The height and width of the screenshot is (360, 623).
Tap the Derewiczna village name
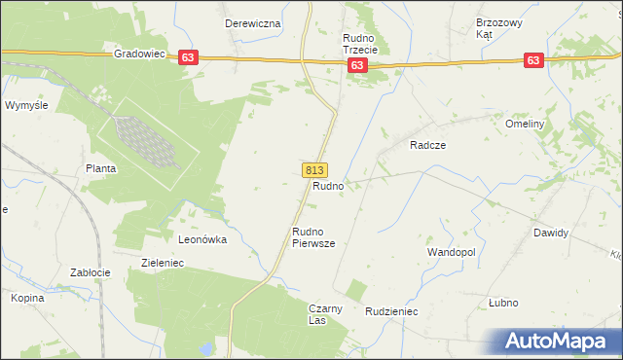click(x=253, y=22)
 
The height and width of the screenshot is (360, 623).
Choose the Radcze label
click(x=427, y=144)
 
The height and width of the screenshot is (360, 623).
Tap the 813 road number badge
click(x=314, y=169)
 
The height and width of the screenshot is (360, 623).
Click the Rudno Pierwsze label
click(x=313, y=237)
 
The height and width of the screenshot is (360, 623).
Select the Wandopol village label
click(x=451, y=251)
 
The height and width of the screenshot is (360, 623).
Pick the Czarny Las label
click(x=325, y=314)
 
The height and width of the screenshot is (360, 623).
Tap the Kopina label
click(x=28, y=298)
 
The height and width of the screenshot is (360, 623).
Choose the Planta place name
click(x=101, y=168)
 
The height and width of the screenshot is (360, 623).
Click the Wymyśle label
click(x=26, y=104)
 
